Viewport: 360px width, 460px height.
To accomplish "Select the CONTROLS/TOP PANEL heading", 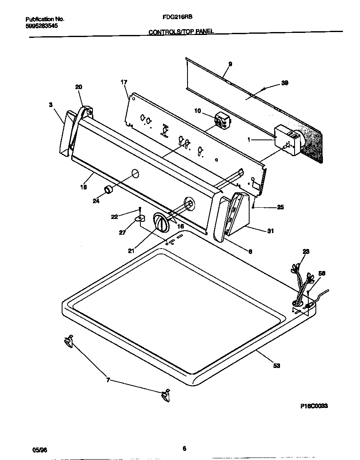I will click(181, 32).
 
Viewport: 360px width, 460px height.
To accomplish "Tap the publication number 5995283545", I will click(41, 26).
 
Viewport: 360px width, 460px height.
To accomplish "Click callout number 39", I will click(285, 83).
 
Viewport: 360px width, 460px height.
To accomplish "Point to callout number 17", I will click(124, 82).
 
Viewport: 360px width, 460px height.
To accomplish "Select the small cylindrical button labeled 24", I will click(109, 190).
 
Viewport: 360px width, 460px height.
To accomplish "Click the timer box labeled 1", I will click(287, 142).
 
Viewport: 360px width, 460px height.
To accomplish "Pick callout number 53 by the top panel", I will click(277, 366).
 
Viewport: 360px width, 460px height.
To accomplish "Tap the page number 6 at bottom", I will click(184, 448).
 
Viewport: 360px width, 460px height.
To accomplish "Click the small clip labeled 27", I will click(140, 218).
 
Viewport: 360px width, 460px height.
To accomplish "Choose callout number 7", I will click(108, 380).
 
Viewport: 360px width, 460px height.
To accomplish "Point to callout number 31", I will click(270, 231).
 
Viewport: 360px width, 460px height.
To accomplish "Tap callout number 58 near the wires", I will click(322, 274).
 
